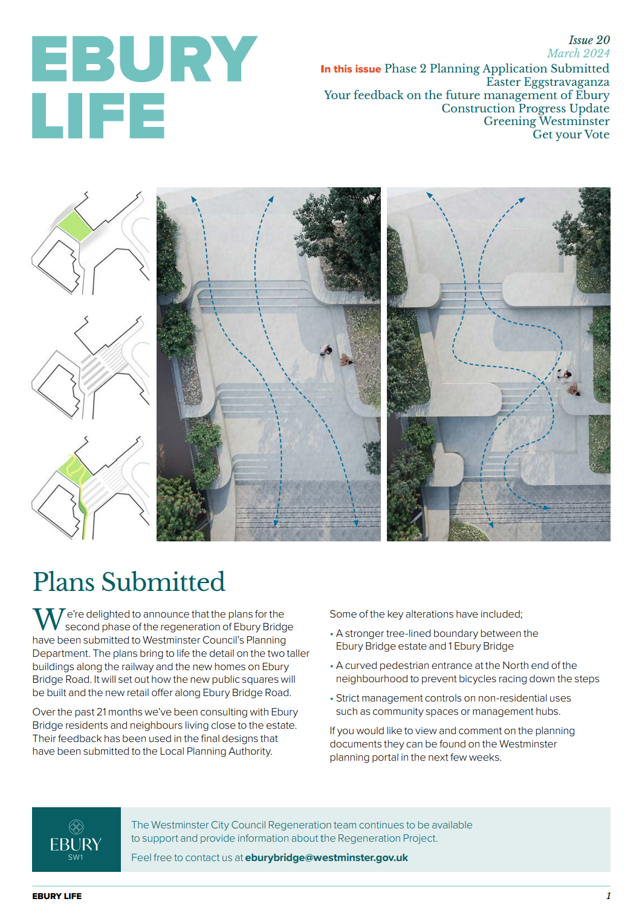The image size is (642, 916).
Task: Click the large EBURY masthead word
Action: point(144,59)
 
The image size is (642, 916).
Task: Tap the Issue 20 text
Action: point(589,40)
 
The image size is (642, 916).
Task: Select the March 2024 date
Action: point(578,53)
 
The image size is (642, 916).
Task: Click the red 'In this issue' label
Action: point(350,69)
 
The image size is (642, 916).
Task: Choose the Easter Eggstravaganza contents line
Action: point(548,82)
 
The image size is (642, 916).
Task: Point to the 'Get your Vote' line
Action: point(571,134)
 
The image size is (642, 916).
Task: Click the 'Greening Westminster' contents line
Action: point(546,121)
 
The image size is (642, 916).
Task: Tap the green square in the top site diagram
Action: point(74,226)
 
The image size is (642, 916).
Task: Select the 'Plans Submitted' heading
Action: point(129,581)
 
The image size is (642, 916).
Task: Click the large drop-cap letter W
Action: point(49,619)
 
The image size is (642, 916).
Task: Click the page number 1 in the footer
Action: point(608,895)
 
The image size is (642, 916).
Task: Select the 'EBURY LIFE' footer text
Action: point(57,896)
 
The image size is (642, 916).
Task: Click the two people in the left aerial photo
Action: point(336,355)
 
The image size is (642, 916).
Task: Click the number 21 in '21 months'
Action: point(102,712)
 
